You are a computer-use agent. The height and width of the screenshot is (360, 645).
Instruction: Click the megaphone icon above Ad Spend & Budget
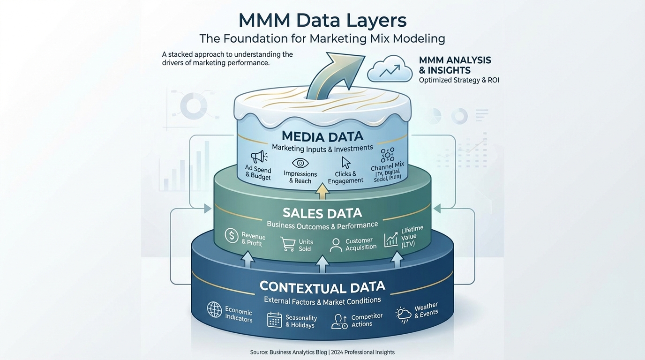[258, 157]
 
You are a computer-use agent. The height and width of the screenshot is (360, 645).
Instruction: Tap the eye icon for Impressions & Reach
[300, 163]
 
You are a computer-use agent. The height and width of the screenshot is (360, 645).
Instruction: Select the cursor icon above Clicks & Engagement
[346, 163]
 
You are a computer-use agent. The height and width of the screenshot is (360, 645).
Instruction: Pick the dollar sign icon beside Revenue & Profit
[232, 235]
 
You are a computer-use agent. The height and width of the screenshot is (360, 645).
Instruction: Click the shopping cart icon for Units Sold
[287, 244]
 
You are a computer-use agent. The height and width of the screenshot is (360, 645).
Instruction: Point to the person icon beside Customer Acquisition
[336, 245]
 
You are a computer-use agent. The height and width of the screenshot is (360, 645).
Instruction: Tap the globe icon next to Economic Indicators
[214, 309]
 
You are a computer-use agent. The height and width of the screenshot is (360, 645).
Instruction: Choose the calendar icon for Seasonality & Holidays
[274, 320]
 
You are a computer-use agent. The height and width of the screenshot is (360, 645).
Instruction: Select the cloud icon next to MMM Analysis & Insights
[387, 70]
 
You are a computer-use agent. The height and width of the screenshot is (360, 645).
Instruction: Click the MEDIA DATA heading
[323, 136]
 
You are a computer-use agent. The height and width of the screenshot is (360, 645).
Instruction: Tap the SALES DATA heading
[322, 213]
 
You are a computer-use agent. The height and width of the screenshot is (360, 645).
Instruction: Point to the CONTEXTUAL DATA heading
[322, 286]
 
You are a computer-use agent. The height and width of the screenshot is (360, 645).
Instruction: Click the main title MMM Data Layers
[322, 20]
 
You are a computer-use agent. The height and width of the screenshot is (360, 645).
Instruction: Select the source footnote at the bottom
[322, 352]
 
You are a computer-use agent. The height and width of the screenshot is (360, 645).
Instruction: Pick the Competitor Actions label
[367, 320]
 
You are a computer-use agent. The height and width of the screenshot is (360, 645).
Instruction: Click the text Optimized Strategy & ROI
[459, 80]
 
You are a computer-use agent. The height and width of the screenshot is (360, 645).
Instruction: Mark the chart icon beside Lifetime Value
[391, 240]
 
